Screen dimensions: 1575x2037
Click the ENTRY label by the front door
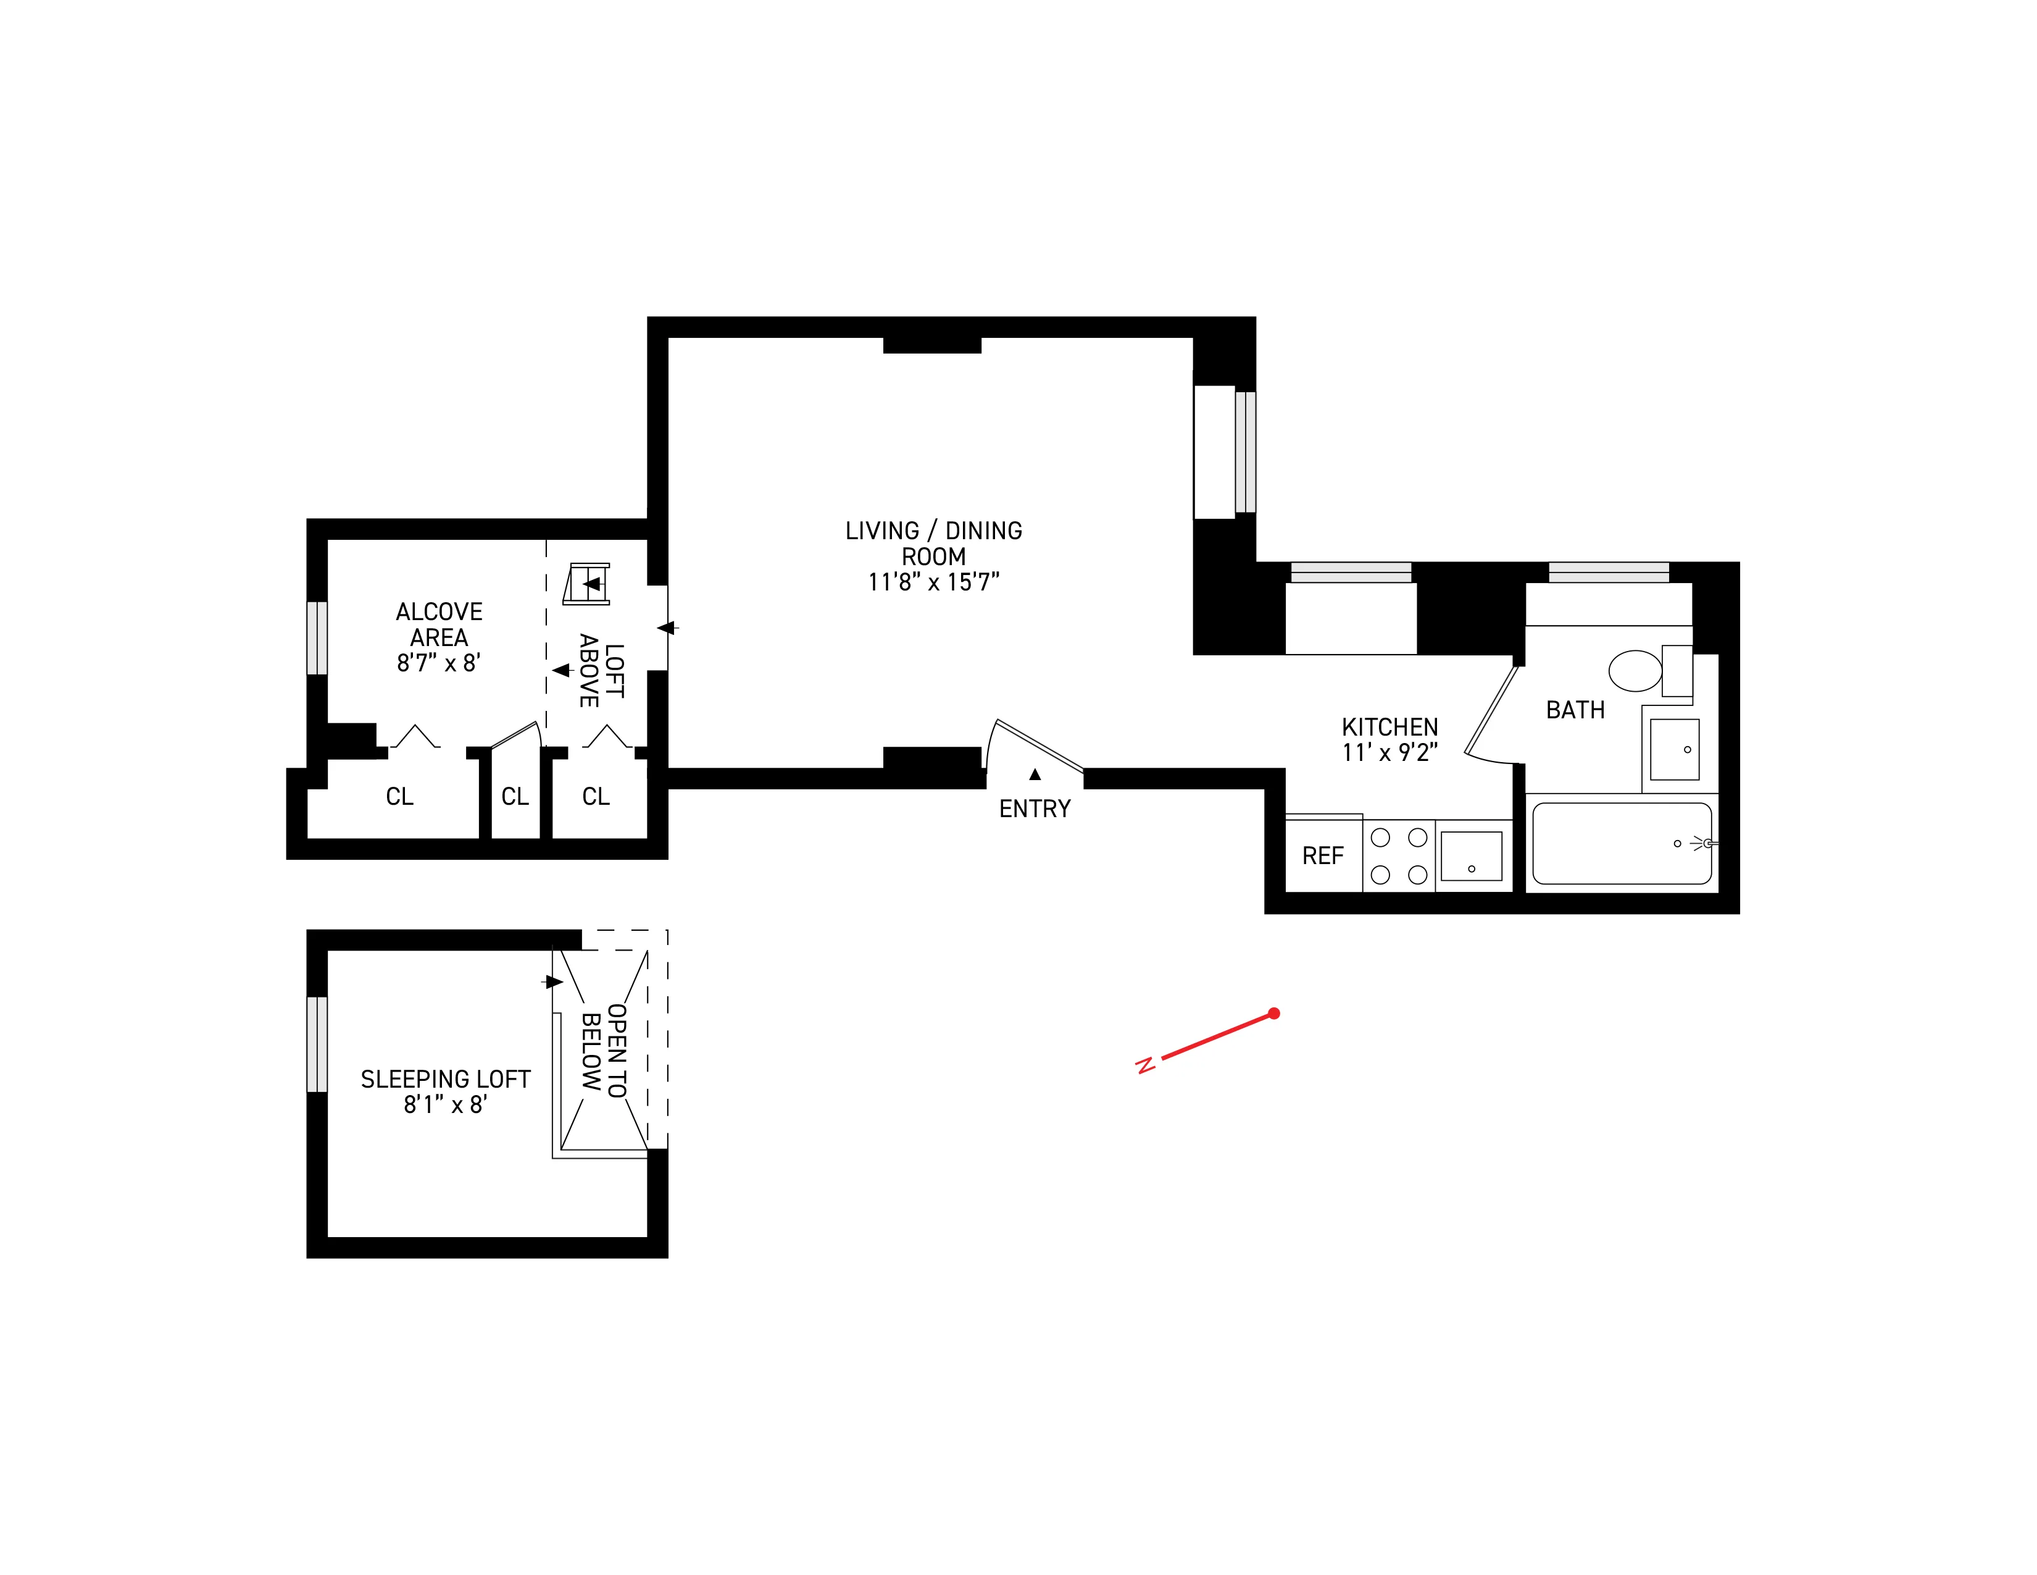pos(1035,809)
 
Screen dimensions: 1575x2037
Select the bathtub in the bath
pos(1622,844)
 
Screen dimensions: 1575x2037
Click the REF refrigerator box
pos(1323,855)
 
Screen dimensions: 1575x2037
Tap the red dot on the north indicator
pos(1274,1014)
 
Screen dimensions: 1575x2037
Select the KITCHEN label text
pos(1389,727)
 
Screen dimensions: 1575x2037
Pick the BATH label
pos(1575,710)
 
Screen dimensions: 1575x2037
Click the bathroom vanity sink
pos(1674,749)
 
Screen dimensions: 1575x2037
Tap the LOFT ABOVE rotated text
pos(602,670)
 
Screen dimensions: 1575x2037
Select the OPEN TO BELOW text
pos(604,1052)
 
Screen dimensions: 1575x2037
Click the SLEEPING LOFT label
pos(445,1080)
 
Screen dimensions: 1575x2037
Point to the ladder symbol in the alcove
pos(588,584)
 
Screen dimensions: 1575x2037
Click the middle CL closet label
pos(515,797)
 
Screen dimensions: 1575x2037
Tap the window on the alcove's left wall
pos(317,638)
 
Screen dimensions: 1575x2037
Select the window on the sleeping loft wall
pos(317,1044)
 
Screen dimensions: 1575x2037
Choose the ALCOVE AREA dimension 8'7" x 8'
pos(438,663)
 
